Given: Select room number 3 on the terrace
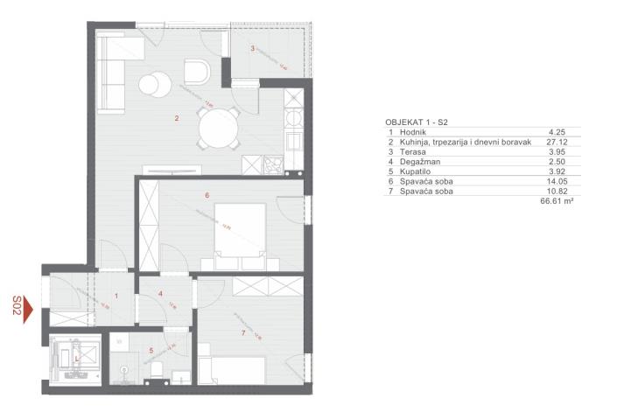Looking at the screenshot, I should coord(253,48).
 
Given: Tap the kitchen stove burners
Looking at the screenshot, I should coord(274,162).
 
